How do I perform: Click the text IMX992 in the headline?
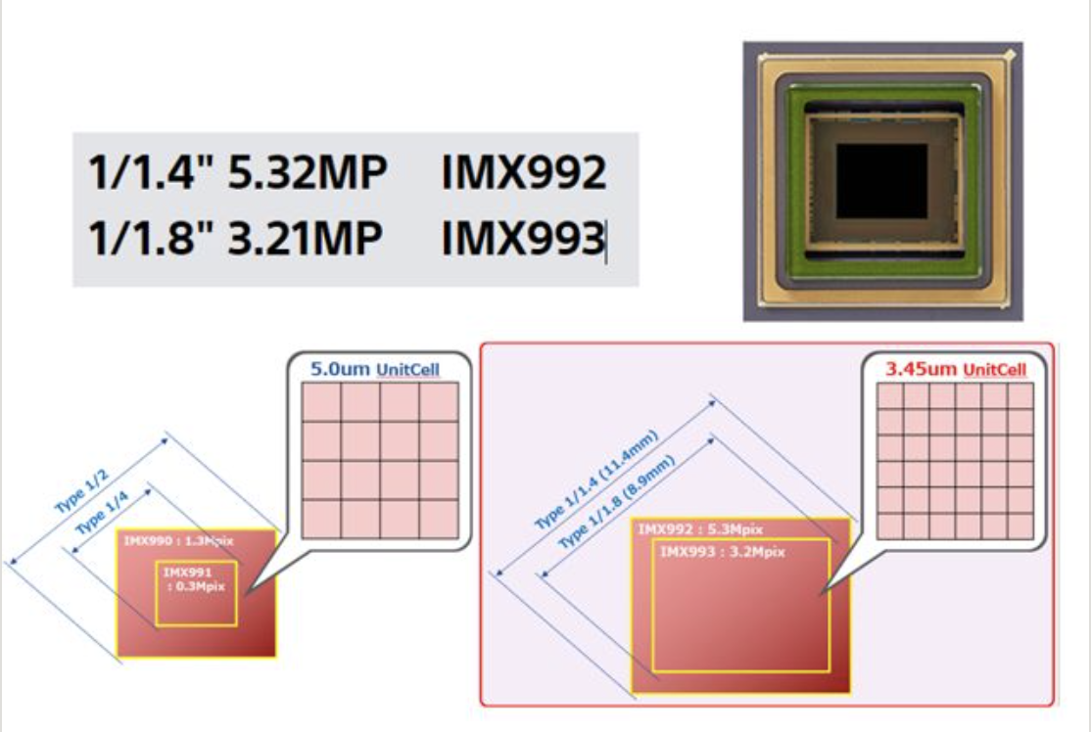click(524, 174)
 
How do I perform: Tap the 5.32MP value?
click(308, 174)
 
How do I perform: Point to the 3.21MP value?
click(305, 239)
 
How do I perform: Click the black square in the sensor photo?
click(881, 181)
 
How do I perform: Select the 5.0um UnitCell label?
click(374, 370)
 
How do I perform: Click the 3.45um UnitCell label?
click(956, 370)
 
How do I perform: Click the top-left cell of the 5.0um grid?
click(322, 401)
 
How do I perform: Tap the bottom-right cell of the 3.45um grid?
click(1020, 525)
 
